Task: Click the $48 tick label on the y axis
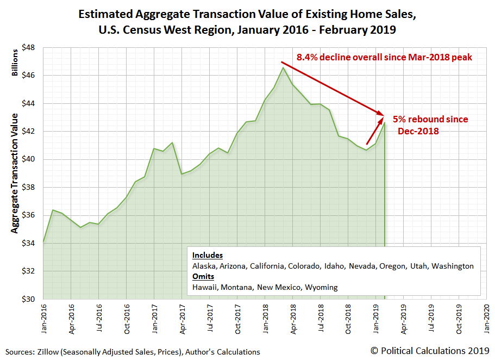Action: click(28, 48)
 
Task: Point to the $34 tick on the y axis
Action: click(28, 243)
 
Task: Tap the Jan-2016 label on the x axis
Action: click(43, 316)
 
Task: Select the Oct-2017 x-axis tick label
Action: click(237, 316)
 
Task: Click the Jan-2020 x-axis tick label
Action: click(486, 316)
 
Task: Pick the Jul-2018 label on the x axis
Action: click(319, 316)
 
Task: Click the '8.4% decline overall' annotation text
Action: click(384, 57)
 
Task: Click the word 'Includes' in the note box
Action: click(208, 255)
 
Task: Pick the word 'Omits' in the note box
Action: click(203, 276)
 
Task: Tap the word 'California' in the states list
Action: click(266, 266)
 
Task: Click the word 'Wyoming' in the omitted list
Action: click(321, 287)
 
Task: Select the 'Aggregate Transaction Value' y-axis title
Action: click(15, 173)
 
